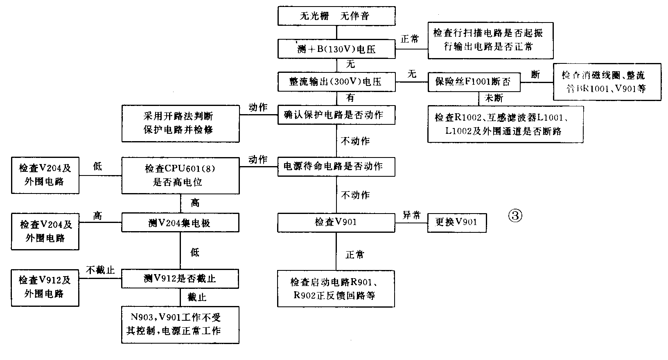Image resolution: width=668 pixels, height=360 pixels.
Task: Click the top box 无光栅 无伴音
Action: pos(336,16)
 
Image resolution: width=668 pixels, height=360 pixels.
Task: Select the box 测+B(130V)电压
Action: pos(336,49)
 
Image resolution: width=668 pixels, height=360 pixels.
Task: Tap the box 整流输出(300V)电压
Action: pos(336,82)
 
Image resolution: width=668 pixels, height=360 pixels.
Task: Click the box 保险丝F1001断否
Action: pos(474,82)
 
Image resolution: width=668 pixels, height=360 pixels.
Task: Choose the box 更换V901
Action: pos(457,223)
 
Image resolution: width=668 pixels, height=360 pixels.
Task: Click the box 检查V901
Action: pos(336,223)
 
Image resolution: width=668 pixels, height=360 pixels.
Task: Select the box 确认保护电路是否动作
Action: pos(336,115)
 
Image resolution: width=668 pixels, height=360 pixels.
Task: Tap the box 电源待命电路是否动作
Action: pos(336,166)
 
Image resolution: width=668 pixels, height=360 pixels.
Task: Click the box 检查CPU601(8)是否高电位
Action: pos(181,175)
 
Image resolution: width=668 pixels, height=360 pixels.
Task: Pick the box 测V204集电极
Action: pos(181,223)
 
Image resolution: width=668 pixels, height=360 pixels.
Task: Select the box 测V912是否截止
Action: pos(181,279)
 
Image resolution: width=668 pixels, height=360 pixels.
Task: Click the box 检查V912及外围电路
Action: pos(45,287)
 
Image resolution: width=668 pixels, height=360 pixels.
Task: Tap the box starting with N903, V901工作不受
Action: pos(181,324)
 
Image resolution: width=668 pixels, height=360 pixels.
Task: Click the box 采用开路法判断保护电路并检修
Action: pos(181,123)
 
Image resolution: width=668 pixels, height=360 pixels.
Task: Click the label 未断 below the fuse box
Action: pos(494,98)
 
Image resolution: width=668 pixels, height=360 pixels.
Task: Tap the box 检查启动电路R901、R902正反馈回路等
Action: pos(336,288)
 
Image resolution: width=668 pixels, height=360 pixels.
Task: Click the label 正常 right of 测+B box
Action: pos(410,40)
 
